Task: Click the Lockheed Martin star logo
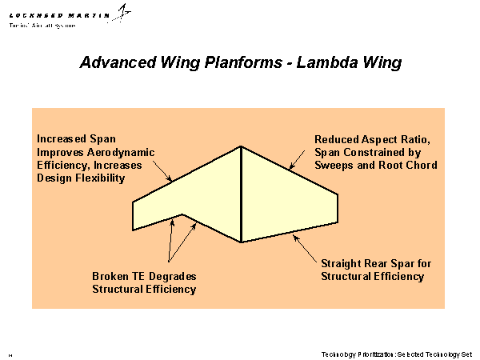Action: click(123, 12)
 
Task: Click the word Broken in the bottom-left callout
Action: click(111, 277)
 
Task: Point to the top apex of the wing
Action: click(242, 146)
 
